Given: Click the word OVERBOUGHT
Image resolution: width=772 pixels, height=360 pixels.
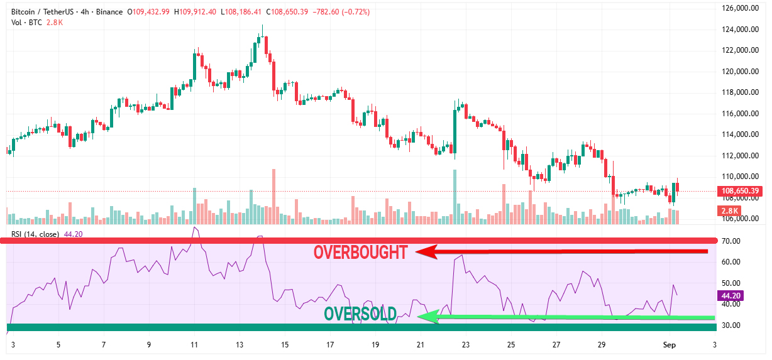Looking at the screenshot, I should tap(360, 253).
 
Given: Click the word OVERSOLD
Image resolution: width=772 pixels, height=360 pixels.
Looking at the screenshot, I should tap(360, 314).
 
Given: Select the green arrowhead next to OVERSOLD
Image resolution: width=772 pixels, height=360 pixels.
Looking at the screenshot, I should tap(427, 317).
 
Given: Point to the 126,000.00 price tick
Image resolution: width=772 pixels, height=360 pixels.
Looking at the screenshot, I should tap(737, 8).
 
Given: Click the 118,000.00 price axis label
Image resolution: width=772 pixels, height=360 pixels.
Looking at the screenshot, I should tap(737, 92).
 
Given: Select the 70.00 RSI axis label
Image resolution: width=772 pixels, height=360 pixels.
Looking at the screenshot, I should tap(731, 241).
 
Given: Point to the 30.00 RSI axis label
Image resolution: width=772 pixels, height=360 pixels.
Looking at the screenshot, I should tap(731, 325).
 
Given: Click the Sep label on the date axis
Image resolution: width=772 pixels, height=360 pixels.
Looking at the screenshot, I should tap(670, 345).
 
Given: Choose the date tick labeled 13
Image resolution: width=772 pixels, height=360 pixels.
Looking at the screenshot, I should tap(240, 345).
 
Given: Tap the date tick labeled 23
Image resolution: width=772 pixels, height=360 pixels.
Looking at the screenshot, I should tap(466, 345).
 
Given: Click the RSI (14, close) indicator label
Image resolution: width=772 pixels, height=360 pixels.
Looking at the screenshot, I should tap(35, 234).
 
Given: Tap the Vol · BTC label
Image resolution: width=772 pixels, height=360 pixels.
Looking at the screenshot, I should tap(24, 23).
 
